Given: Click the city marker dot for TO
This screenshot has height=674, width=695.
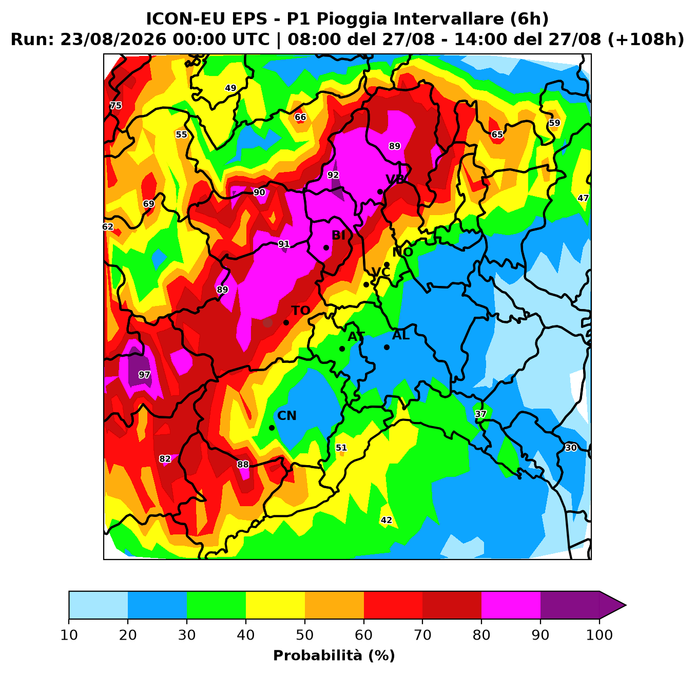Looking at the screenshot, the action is click(286, 323).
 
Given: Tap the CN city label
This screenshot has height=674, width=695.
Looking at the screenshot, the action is click(287, 416).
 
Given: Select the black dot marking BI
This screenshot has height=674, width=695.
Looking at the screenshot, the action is click(326, 248).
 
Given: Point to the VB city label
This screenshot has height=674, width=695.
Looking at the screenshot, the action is click(395, 179).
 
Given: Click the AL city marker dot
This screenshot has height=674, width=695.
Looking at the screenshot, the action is click(387, 348).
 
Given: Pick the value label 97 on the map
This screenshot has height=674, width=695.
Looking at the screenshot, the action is click(144, 375).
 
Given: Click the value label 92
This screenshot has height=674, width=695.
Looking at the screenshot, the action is click(333, 175).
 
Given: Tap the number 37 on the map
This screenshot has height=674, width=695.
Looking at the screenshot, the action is click(481, 414).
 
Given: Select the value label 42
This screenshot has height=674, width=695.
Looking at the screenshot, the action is click(387, 520).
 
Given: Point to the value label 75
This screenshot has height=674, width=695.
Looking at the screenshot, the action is click(115, 105).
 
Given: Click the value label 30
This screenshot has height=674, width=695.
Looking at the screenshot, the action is click(571, 448).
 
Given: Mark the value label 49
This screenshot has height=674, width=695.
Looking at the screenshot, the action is click(230, 88).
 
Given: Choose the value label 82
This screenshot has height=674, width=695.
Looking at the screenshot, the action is click(165, 458).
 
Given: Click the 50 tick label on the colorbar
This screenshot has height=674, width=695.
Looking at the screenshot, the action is click(305, 634).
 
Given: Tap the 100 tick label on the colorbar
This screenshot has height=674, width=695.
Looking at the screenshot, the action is click(600, 634).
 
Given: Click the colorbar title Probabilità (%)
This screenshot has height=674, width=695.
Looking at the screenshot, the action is click(334, 656).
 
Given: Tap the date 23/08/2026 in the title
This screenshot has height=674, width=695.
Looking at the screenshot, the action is click(113, 40).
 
